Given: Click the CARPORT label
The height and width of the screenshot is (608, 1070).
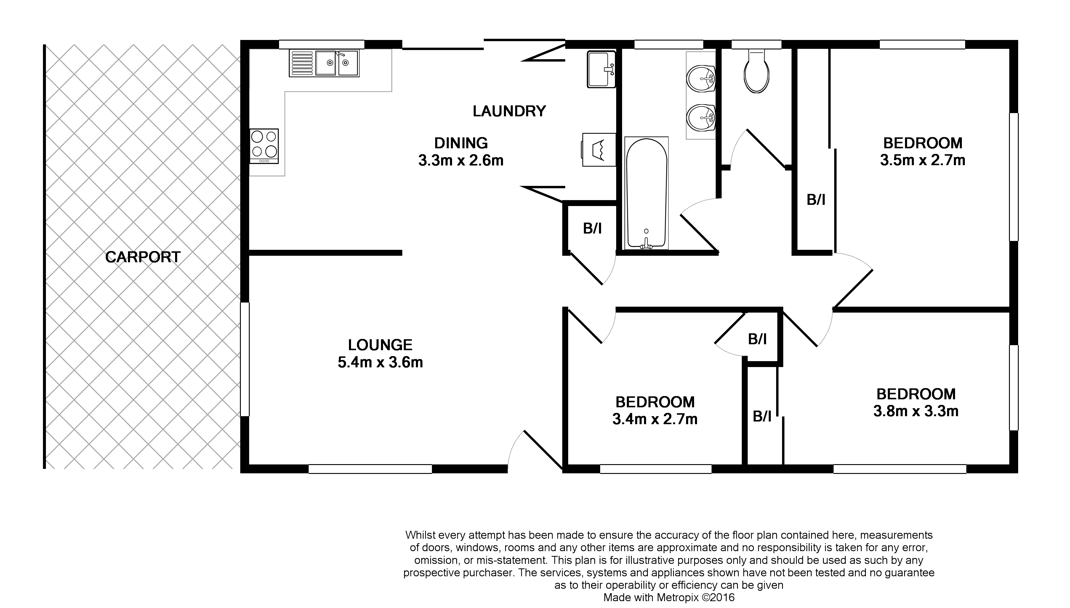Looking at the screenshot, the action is coord(142,257).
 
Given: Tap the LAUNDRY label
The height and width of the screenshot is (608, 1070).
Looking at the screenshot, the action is coord(509,111).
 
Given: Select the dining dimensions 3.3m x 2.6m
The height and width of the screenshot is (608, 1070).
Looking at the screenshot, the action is coord(461,160).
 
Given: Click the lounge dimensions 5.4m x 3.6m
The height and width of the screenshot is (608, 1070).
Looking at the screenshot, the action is coord(380,362).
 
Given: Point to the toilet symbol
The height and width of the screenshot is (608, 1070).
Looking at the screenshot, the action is coord(756,71).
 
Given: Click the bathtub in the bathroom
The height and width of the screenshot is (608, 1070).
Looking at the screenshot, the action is coord(646,193).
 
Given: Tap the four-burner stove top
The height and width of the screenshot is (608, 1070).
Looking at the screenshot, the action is coord(264,146).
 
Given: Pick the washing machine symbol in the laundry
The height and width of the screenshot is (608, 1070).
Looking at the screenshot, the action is coord(599,149).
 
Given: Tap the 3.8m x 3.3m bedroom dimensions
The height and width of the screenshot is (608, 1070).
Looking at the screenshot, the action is coord(916,411).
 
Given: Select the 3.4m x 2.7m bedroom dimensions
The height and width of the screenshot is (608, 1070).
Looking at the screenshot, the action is coord(655,419).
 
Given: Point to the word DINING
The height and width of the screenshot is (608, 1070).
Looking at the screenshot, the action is coord(461,143).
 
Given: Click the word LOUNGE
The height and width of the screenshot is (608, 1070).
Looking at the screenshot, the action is coord(380,345).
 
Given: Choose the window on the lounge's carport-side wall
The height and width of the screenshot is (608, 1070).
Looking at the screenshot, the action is coord(245,359).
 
